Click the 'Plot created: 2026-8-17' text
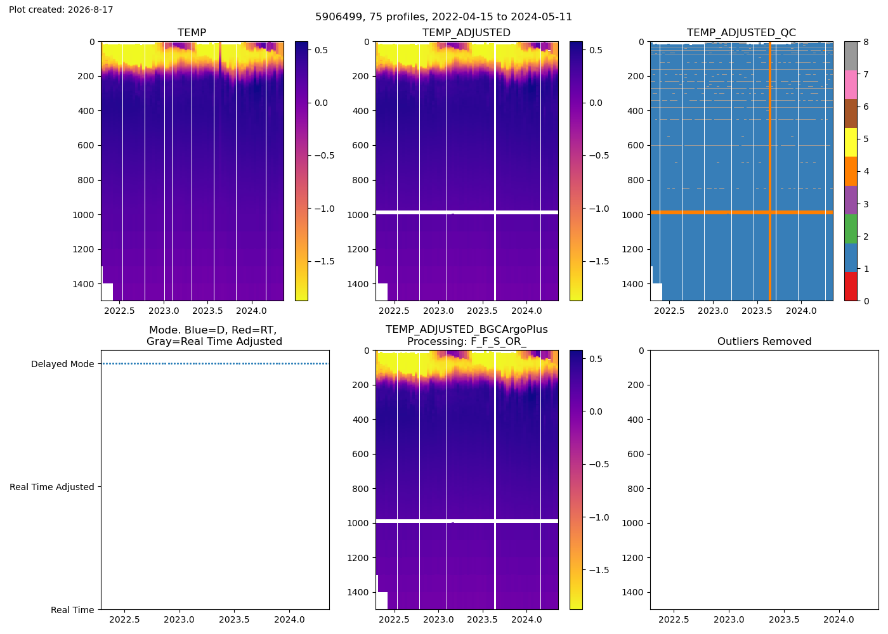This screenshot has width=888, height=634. [61, 10]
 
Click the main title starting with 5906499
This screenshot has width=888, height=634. [443, 17]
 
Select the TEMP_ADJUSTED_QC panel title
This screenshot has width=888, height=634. [741, 32]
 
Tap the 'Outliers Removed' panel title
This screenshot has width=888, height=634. [764, 342]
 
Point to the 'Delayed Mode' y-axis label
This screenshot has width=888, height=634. [63, 364]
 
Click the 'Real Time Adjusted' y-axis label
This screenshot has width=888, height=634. [52, 487]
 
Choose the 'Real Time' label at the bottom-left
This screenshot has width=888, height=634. [72, 610]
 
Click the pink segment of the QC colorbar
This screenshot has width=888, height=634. [851, 85]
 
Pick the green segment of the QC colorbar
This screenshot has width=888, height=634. [851, 229]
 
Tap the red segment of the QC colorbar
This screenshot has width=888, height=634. [851, 287]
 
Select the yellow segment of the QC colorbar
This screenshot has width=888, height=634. [851, 142]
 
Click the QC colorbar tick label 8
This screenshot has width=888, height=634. [866, 42]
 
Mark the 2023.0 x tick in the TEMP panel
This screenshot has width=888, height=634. [164, 311]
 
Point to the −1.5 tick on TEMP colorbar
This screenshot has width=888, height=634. [325, 261]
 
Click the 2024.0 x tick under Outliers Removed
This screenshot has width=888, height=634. [839, 620]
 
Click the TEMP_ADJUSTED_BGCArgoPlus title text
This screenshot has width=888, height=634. [467, 330]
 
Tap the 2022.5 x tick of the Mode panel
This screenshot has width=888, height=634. [124, 620]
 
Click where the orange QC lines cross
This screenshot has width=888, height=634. [770, 212]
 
